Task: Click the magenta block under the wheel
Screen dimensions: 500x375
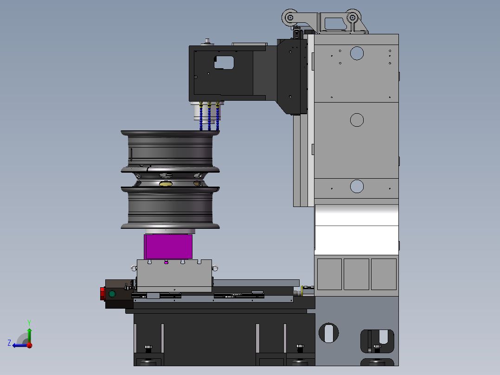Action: pos(168,246)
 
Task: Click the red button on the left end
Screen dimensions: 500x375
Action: pos(103,294)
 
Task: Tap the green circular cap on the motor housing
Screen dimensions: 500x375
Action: pos(112,294)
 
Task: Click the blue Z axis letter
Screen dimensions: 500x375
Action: pos(9,343)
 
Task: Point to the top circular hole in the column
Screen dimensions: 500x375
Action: pos(357,53)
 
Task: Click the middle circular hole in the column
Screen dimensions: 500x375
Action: pos(357,120)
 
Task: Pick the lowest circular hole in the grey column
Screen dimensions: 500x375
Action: pos(357,187)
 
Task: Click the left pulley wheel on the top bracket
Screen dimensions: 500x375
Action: pos(290,18)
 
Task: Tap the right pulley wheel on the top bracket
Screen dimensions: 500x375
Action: pos(353,18)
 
